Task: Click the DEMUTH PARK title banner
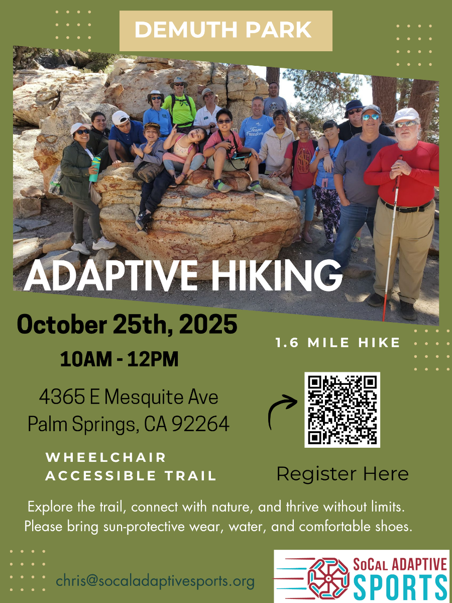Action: coord(225,30)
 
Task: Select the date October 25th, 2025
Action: coord(127,325)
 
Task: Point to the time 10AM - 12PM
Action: coord(119,359)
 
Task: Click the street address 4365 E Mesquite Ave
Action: coord(129,398)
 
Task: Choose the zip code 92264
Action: coord(200,425)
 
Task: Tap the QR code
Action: coord(342,410)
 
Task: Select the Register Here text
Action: coord(343,473)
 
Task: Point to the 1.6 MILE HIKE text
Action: coord(337,343)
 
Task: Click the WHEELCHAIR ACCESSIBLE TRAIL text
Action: coord(131,467)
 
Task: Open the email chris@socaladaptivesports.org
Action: coord(155,581)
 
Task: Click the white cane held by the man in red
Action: coord(392,241)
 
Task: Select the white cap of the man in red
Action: coord(406,115)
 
